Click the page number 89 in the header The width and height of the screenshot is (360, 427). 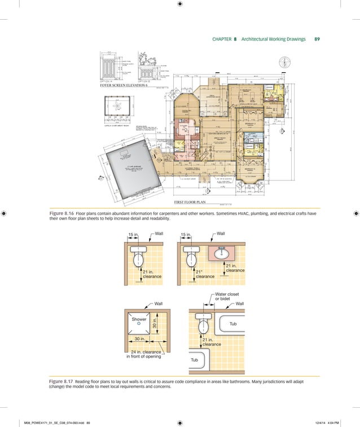(317, 39)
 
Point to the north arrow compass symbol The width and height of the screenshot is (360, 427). (287, 61)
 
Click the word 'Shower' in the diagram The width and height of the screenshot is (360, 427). (138, 319)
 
